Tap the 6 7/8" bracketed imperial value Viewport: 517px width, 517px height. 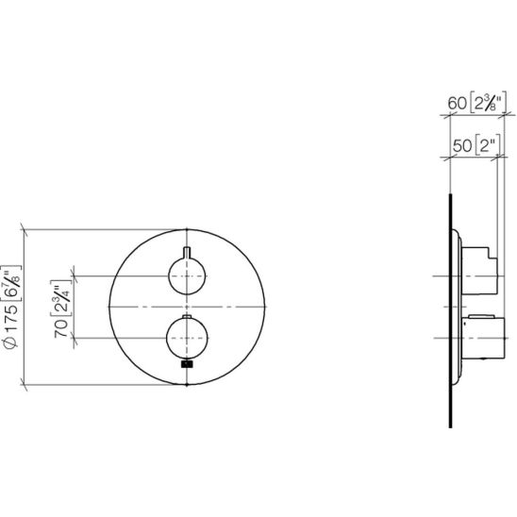click(x=12, y=283)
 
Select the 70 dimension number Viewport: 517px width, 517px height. click(x=61, y=328)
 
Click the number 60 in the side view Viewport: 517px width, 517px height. click(x=457, y=103)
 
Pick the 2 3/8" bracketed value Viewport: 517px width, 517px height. click(x=487, y=103)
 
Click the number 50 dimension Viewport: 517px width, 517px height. click(x=462, y=145)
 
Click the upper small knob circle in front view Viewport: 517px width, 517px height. click(x=187, y=275)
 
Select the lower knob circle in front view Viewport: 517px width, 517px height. click(x=187, y=338)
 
